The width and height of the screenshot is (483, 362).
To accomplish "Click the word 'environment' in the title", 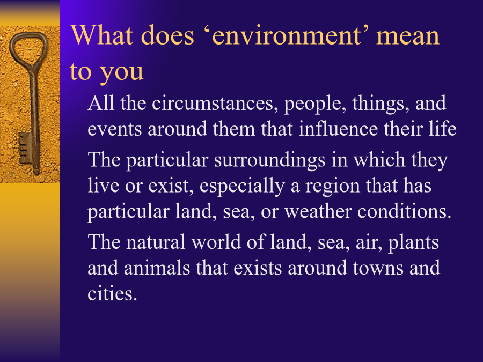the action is (x=287, y=36).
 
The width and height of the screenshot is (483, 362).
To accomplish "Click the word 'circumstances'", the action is (x=213, y=103).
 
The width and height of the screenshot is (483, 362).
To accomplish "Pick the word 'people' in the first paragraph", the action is (x=313, y=105).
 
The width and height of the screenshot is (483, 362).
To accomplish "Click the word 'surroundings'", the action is (x=269, y=161).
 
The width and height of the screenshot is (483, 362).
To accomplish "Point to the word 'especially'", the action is (x=242, y=187).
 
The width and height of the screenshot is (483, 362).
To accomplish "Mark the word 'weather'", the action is (x=318, y=211).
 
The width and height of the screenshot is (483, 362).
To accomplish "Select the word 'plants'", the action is (x=413, y=243).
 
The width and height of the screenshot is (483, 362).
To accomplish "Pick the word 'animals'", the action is (x=157, y=268).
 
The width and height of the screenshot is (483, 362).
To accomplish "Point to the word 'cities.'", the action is (x=112, y=293).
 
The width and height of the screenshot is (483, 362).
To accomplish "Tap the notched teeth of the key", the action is (x=25, y=149).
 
